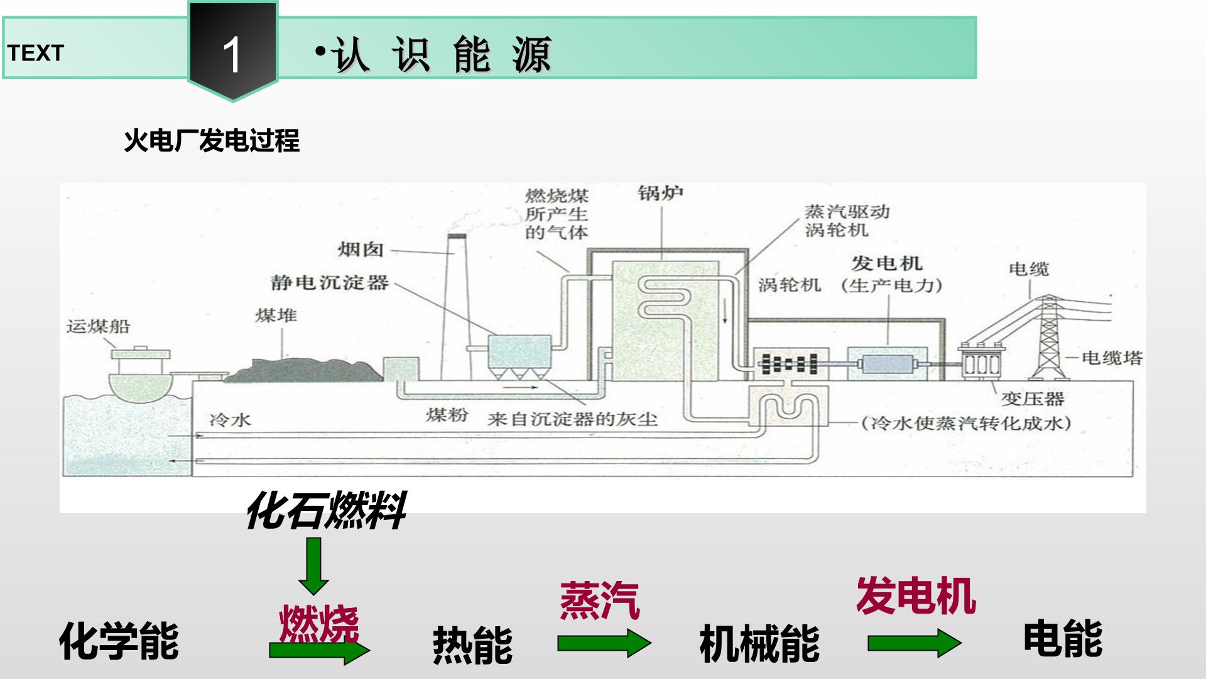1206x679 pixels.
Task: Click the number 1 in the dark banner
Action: pos(232,55)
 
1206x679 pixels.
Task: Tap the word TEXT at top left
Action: pos(36,53)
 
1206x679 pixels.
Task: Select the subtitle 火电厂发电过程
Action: pos(212,140)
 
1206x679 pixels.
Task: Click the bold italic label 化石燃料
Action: pos(325,511)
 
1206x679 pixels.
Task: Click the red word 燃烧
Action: pos(319,624)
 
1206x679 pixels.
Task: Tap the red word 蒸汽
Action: pos(600,601)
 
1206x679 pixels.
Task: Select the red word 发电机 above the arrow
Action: pos(916,595)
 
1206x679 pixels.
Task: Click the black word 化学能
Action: pos(119,641)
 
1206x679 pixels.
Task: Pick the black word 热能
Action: pos(473,645)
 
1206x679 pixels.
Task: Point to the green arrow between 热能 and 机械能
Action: pos(604,643)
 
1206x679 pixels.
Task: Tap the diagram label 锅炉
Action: pos(661,192)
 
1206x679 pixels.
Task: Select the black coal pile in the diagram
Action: pos(303,370)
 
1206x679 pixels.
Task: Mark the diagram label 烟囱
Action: pos(361,250)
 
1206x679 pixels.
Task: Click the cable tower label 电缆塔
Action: pos(1112,358)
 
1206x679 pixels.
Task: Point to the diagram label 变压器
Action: pos(1033,399)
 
